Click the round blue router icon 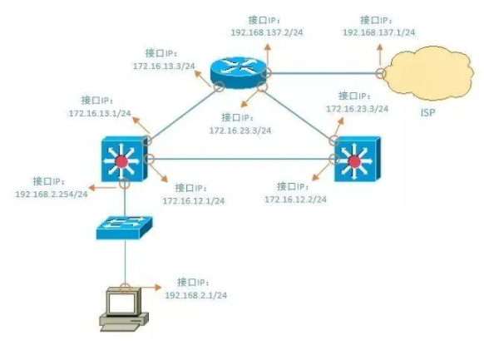239,73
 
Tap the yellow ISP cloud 430,73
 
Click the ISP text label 427,113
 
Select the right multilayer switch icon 358,159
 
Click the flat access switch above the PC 124,228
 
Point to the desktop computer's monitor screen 121,303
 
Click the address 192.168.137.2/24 267,32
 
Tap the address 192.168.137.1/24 378,32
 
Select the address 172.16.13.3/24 164,66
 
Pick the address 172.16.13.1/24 100,113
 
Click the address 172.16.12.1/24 194,201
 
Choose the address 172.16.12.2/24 295,200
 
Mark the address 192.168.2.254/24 52,194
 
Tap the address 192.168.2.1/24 196,295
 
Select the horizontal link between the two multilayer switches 241,159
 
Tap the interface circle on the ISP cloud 381,73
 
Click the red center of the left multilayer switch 121,161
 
